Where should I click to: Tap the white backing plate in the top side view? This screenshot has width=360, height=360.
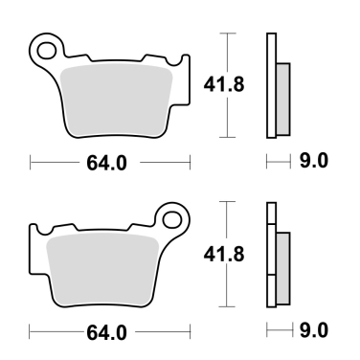pyautogui.click(x=270, y=86)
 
